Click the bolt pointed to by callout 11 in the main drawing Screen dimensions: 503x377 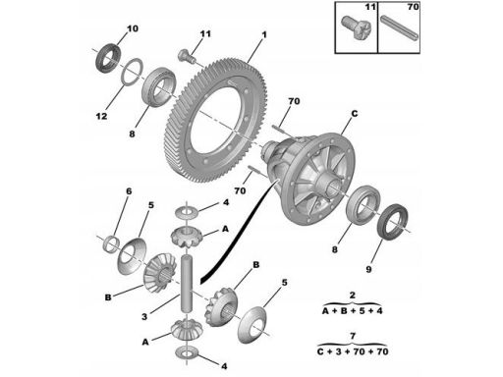tap(187, 56)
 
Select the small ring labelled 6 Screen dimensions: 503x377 tap(110, 243)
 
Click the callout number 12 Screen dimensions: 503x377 tap(101, 116)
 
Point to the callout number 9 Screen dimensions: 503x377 tap(368, 269)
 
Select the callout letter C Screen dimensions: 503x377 tap(355, 114)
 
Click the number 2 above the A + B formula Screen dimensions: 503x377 tap(352, 295)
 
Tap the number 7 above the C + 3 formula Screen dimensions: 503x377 tap(353, 336)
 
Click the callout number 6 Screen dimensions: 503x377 tap(129, 191)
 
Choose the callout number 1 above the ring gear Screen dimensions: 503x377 tap(264, 34)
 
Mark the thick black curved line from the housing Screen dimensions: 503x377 tap(237, 235)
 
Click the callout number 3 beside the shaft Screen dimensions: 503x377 tap(144, 317)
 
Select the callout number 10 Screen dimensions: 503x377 tap(133, 28)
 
